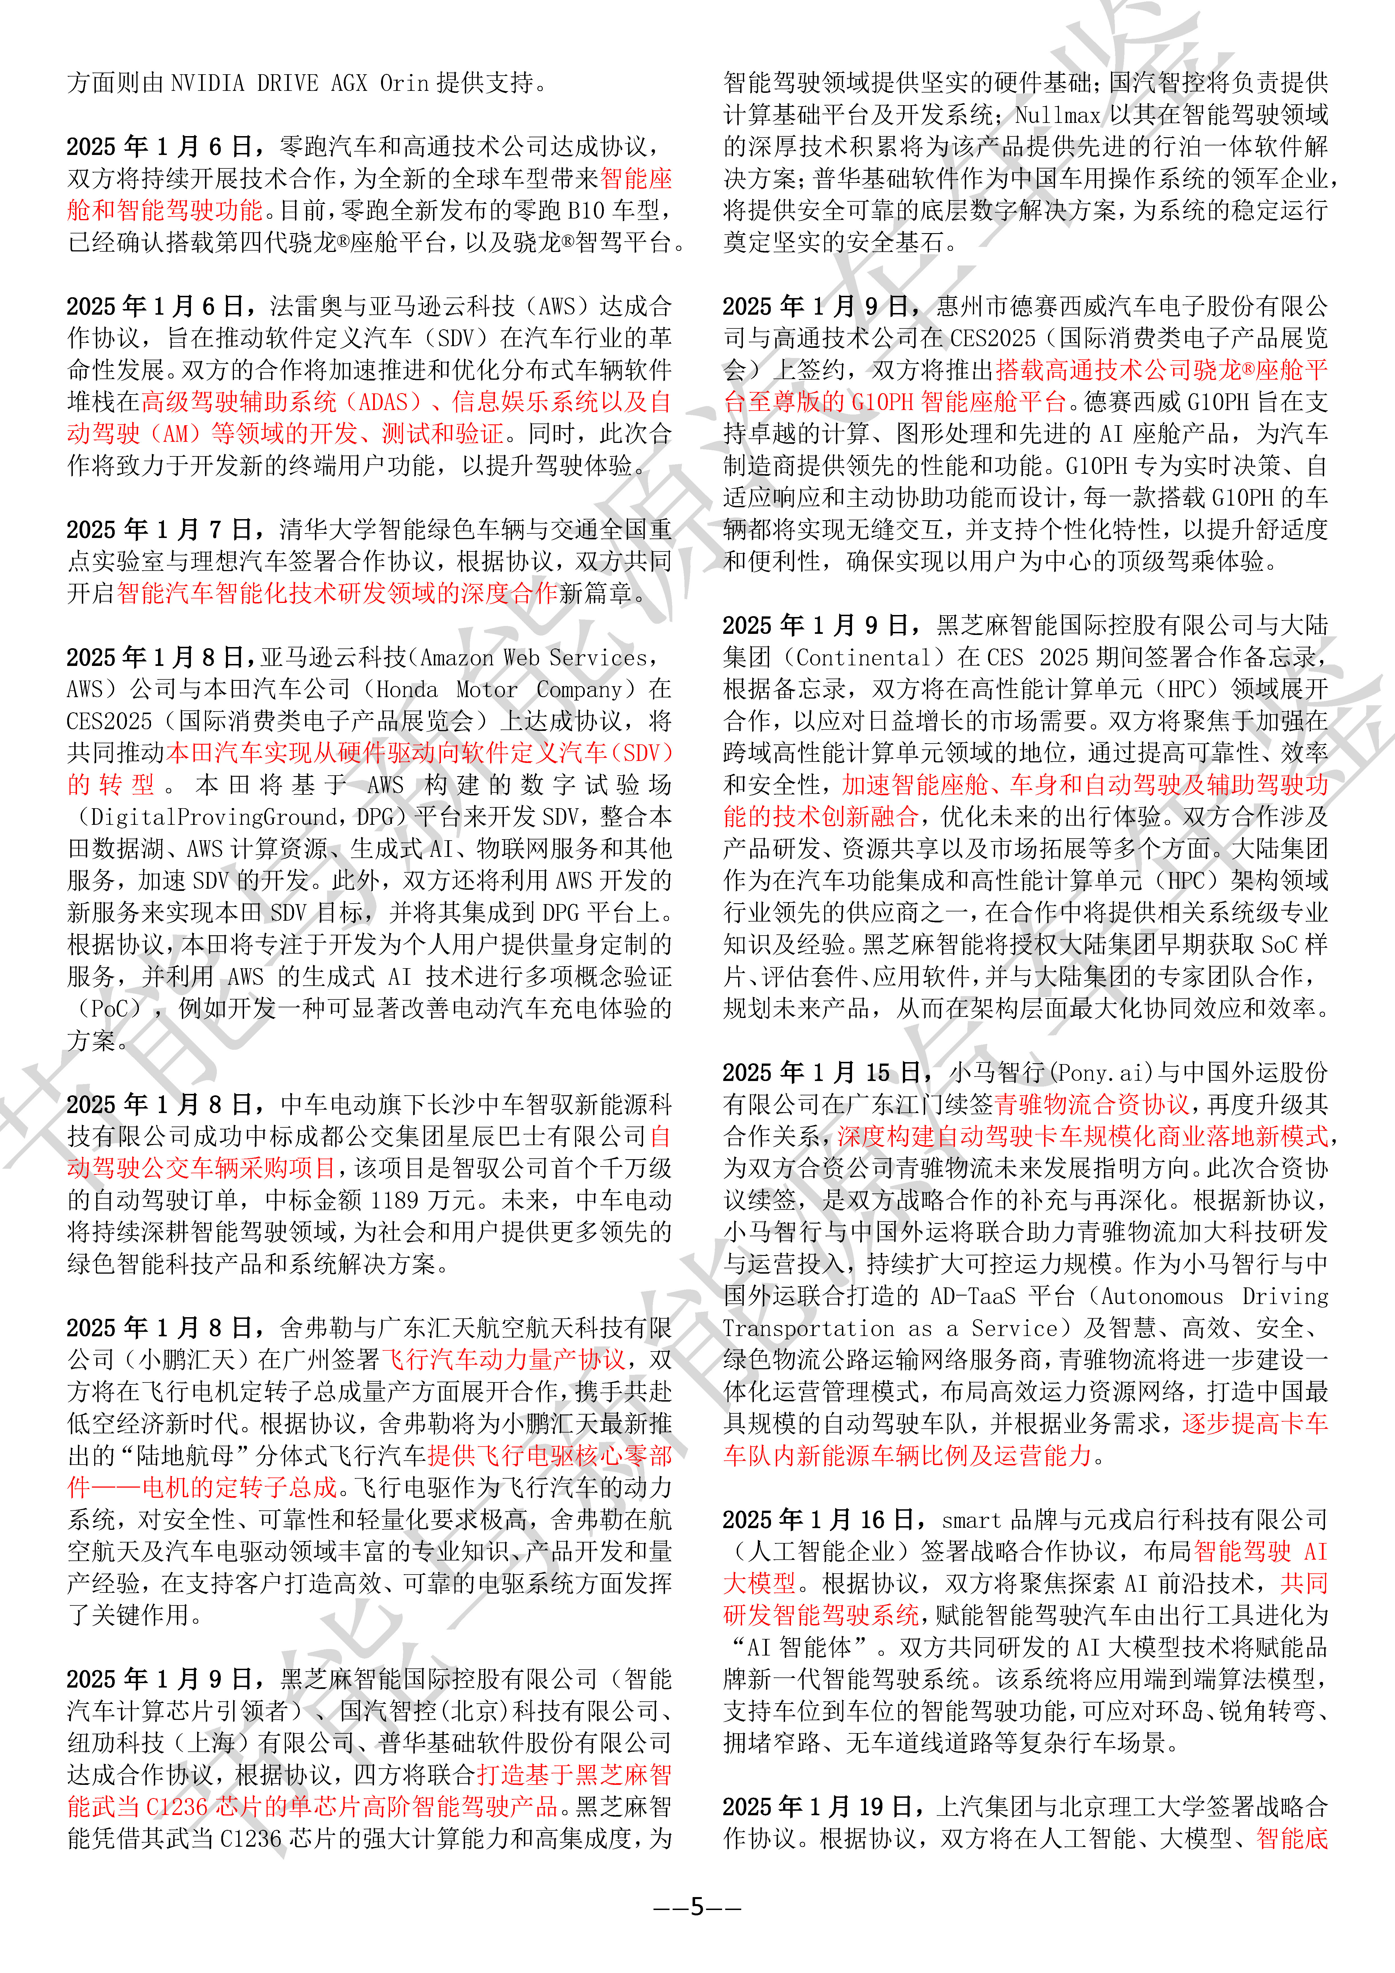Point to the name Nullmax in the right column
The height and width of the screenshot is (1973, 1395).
point(1057,115)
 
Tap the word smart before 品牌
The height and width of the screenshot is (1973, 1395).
point(971,1520)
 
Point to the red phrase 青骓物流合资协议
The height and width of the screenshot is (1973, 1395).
point(1092,1104)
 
